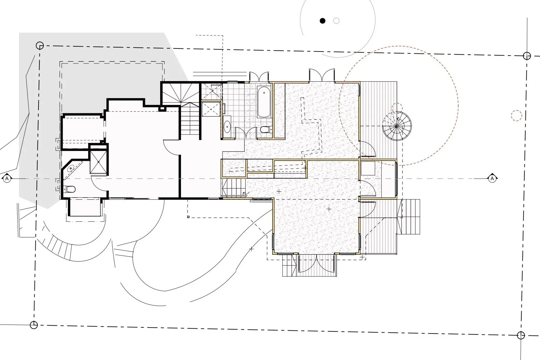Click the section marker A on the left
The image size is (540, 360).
(x=7, y=179)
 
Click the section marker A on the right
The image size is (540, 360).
(x=492, y=178)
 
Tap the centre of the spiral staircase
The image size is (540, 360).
(x=397, y=126)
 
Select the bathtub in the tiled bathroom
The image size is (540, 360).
(x=264, y=102)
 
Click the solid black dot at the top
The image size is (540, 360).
(x=323, y=21)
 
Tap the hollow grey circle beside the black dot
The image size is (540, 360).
(x=336, y=21)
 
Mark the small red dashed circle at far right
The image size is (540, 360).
(x=516, y=115)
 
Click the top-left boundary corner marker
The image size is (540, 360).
(x=39, y=46)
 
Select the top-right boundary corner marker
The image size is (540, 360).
(x=527, y=56)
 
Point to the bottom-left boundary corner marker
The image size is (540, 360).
(x=34, y=325)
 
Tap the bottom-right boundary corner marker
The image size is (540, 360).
(x=521, y=335)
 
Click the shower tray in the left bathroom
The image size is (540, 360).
(x=99, y=162)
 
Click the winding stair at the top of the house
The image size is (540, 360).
(x=180, y=93)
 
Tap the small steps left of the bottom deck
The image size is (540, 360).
(x=290, y=266)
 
